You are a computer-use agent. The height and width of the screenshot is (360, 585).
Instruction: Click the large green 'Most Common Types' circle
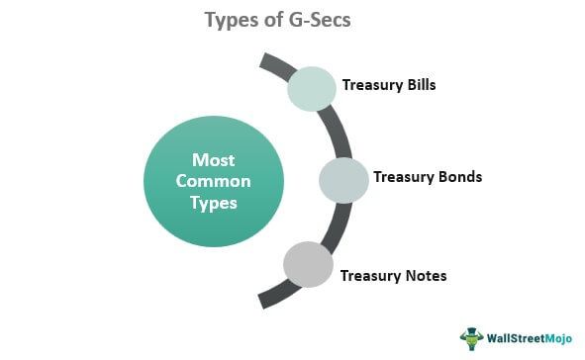pos(214,181)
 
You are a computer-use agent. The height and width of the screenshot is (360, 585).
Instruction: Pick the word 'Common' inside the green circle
pos(215,181)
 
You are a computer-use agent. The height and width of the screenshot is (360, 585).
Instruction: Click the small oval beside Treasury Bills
pos(313,87)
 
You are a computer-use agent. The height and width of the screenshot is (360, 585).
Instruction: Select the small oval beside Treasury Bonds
pos(343,179)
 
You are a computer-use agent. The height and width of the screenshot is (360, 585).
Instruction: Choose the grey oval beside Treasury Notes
pos(309,264)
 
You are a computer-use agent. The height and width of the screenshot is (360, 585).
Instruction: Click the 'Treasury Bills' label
pos(389,85)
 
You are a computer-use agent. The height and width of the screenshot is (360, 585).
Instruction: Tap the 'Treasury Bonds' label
pos(428,178)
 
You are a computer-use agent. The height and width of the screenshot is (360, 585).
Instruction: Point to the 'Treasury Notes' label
pos(393,275)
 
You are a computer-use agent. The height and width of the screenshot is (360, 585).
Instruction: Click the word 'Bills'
pos(419,85)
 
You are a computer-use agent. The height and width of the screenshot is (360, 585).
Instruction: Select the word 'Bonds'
pos(460,178)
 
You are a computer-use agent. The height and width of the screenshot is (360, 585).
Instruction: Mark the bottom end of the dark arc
pos(262,301)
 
